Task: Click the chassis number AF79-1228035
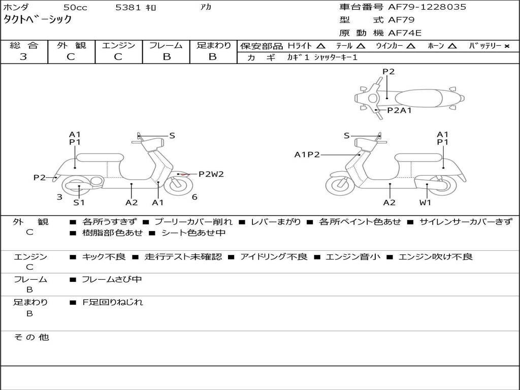[x=427, y=7]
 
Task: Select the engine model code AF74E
[x=405, y=33]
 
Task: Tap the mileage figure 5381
[x=128, y=7]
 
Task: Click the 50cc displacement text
[x=75, y=7]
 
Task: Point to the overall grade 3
[x=23, y=57]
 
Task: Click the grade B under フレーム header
[x=167, y=57]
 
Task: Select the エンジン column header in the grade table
[x=119, y=45]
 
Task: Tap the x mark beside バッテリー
[x=507, y=46]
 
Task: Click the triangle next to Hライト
[x=321, y=46]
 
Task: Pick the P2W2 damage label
[x=211, y=174]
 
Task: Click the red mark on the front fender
[x=184, y=174]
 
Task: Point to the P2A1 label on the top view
[x=400, y=110]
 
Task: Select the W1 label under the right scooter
[x=425, y=202]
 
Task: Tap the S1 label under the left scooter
[x=79, y=202]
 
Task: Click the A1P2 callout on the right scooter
[x=307, y=154]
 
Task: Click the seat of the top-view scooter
[x=418, y=99]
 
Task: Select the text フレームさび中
[x=112, y=280]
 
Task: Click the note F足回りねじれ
[x=113, y=302]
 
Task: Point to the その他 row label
[x=31, y=337]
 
